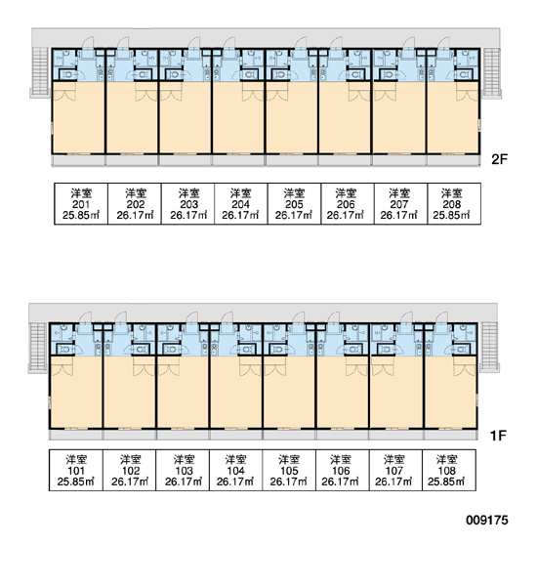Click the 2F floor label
click(x=500, y=159)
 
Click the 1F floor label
click(x=498, y=435)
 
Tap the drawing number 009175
click(x=487, y=520)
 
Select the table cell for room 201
click(x=81, y=204)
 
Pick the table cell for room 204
click(x=241, y=204)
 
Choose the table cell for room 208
click(x=454, y=204)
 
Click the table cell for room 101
click(x=76, y=470)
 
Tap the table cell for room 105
click(x=289, y=470)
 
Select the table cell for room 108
click(x=449, y=470)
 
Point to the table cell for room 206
click(x=348, y=204)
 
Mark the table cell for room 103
click(x=183, y=470)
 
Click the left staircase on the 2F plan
click(x=40, y=73)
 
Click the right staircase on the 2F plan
click(x=491, y=73)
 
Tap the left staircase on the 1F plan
click(x=38, y=348)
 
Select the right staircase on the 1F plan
click(x=489, y=348)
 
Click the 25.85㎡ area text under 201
click(x=81, y=216)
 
